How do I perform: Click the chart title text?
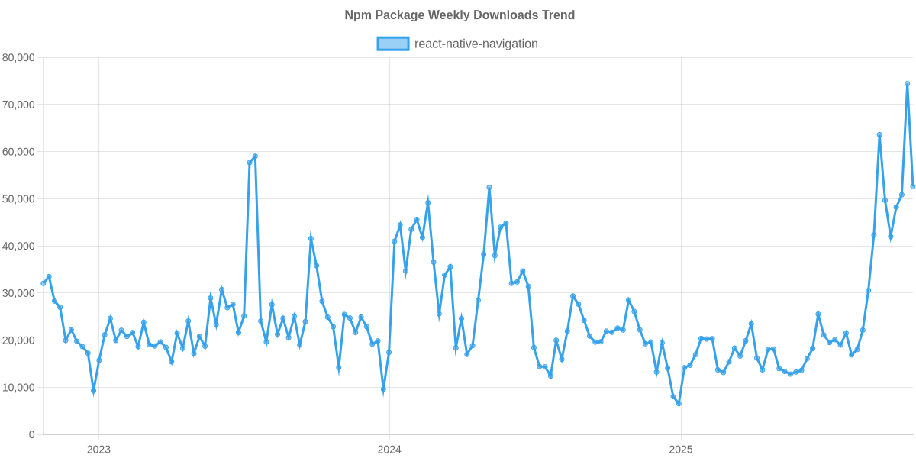pyautogui.click(x=459, y=15)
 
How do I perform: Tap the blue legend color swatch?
pyautogui.click(x=392, y=44)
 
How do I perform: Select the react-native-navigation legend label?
pyautogui.click(x=476, y=44)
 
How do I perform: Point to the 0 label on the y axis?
pyautogui.click(x=31, y=435)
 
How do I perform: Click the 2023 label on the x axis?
pyautogui.click(x=98, y=450)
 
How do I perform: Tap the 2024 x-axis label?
pyautogui.click(x=389, y=450)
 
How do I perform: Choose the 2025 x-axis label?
pyautogui.click(x=680, y=450)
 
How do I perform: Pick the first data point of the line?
pyautogui.click(x=43, y=283)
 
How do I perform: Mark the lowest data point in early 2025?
pyautogui.click(x=678, y=403)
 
